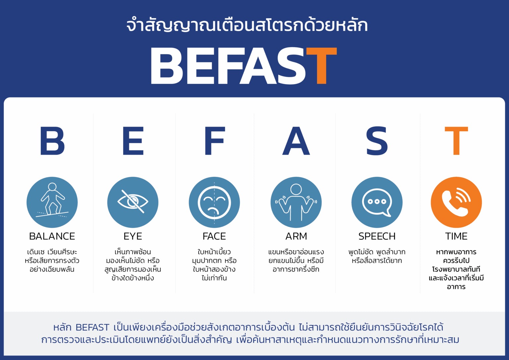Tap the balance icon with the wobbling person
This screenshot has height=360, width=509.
click(x=52, y=202)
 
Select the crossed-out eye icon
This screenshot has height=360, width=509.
click(x=133, y=202)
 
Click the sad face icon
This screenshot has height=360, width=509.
click(x=214, y=202)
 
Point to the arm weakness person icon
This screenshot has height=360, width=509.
click(x=296, y=202)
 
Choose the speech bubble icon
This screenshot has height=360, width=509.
click(x=377, y=202)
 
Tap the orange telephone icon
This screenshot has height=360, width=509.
click(x=456, y=202)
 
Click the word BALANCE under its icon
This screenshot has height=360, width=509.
click(x=52, y=236)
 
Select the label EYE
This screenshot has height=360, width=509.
click(x=133, y=236)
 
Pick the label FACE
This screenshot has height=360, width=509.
click(x=214, y=236)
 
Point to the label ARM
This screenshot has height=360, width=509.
click(x=296, y=236)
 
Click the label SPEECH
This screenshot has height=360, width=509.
click(x=377, y=236)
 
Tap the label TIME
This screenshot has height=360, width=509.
click(x=456, y=236)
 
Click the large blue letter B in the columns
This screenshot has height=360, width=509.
click(x=52, y=141)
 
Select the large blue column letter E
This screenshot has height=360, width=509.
click(x=133, y=141)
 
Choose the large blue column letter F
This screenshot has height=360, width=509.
click(x=215, y=141)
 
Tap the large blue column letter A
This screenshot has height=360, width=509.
click(x=296, y=141)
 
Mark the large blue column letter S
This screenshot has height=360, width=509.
click(x=377, y=141)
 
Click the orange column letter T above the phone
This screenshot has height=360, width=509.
click(x=456, y=141)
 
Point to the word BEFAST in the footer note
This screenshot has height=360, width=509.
click(x=92, y=328)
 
